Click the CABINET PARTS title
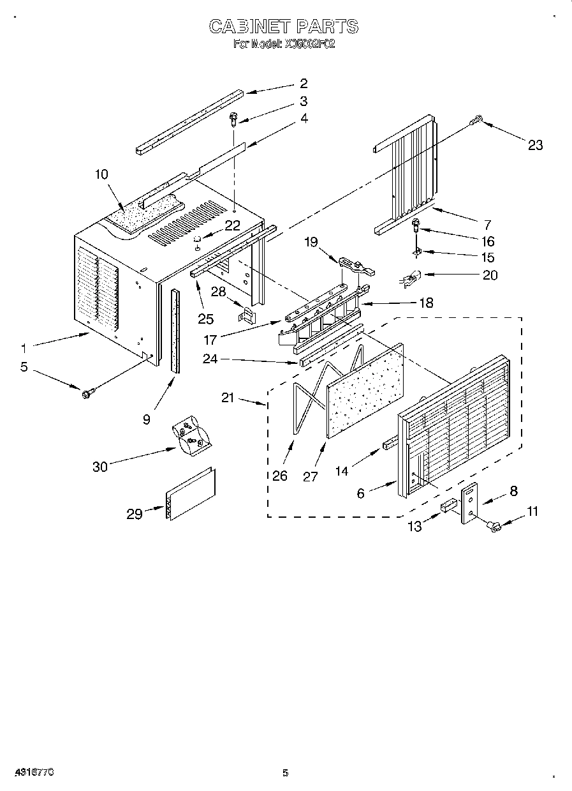coord(284,27)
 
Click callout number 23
coord(535,145)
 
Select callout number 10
coord(101,174)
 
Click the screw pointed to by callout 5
coord(87,392)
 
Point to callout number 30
coord(100,467)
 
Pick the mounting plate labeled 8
coord(470,503)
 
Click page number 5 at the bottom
coord(285,773)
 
